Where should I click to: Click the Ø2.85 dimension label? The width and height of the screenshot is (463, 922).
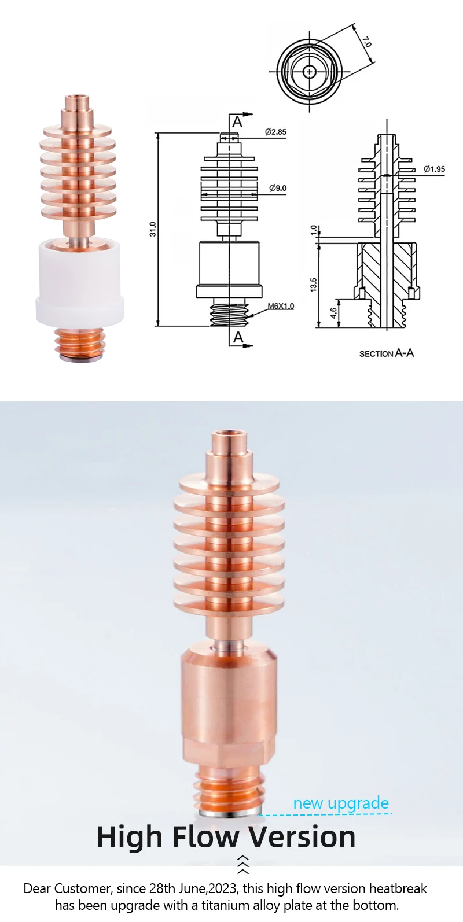click(275, 132)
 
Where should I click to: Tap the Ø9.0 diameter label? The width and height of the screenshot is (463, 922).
click(278, 188)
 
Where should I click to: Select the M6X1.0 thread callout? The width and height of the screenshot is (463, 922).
click(281, 306)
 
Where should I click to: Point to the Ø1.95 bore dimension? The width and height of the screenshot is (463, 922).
click(434, 169)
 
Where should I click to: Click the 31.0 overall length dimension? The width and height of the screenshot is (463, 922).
click(153, 229)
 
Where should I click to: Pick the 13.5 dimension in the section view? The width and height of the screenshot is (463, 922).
click(314, 285)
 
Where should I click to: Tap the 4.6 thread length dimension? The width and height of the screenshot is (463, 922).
click(334, 313)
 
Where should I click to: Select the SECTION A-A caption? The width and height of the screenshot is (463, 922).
click(387, 353)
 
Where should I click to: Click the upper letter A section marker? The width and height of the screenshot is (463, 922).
click(237, 122)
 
